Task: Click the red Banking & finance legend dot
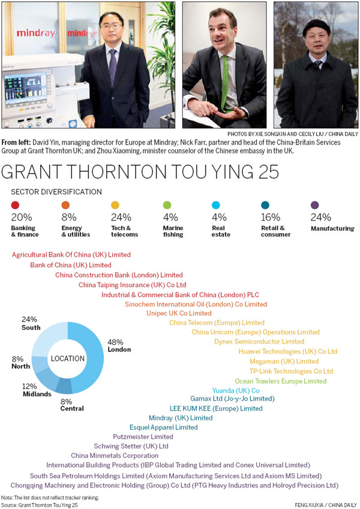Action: point(15,206)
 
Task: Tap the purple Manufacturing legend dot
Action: point(315,206)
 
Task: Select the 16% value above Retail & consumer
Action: point(271,218)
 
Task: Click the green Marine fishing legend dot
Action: point(167,206)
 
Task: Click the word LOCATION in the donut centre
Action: point(67,359)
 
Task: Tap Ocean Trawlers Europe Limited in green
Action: point(280,381)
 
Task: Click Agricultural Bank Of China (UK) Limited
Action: point(71,255)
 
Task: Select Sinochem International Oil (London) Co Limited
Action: point(196,304)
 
